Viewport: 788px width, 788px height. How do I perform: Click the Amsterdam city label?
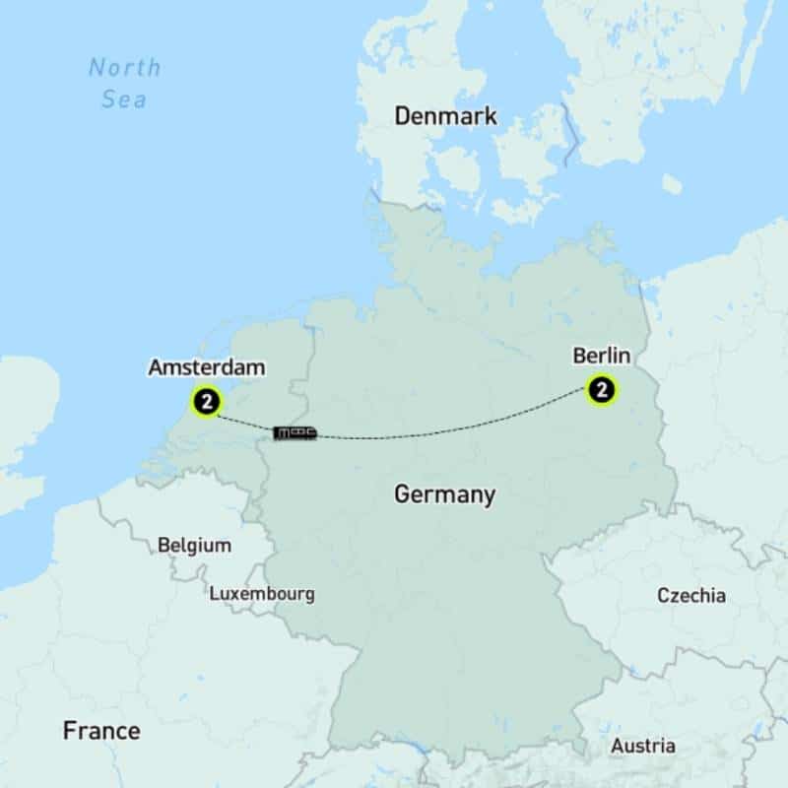(207, 367)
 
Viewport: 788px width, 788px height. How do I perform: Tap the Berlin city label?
(599, 355)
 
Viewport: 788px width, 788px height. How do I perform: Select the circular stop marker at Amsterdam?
(207, 401)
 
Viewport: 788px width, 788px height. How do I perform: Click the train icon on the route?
(295, 432)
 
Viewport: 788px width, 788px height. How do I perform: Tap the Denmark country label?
(445, 116)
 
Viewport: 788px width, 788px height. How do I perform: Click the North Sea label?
(124, 84)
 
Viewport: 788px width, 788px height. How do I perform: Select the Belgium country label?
(194, 545)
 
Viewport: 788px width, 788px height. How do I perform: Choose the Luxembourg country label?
(262, 594)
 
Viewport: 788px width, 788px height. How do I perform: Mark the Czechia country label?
(691, 595)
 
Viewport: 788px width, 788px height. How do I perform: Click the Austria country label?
(642, 746)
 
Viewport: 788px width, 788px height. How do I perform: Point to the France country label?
(101, 731)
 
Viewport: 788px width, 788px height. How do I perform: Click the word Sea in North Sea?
(124, 100)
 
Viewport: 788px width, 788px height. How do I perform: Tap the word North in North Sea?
(124, 68)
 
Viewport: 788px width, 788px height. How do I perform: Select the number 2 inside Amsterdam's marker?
(207, 401)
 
